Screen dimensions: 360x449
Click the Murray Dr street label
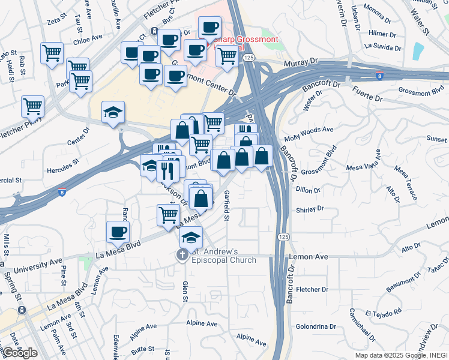(305, 61)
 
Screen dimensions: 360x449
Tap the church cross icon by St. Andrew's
(182, 255)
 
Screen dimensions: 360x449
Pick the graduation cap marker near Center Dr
(113, 113)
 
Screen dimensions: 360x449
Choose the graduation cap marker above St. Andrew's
(191, 238)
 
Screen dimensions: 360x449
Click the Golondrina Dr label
(316, 326)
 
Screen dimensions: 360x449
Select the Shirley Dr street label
(310, 209)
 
